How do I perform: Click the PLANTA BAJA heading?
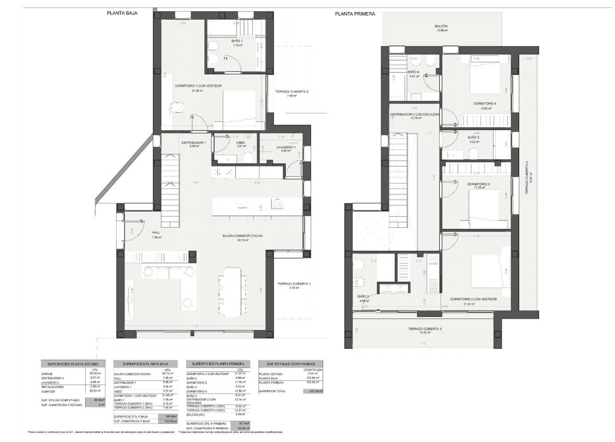[x=122, y=14]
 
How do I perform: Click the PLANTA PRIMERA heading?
[x=355, y=14]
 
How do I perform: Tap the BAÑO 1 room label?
[x=237, y=41]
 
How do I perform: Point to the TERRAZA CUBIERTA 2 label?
[x=292, y=92]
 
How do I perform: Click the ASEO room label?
[x=241, y=143]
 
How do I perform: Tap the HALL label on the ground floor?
[x=156, y=233]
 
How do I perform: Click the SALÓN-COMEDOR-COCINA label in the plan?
[x=243, y=236]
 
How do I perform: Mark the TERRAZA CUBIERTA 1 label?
[x=294, y=284]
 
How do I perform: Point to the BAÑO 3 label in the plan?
[x=473, y=138]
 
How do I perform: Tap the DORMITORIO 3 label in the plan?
[x=479, y=184]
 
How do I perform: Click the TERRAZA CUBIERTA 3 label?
[x=425, y=329]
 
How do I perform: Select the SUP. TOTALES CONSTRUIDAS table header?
[x=290, y=363]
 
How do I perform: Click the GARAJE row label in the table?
[x=47, y=373]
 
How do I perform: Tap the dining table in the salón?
[x=232, y=291]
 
